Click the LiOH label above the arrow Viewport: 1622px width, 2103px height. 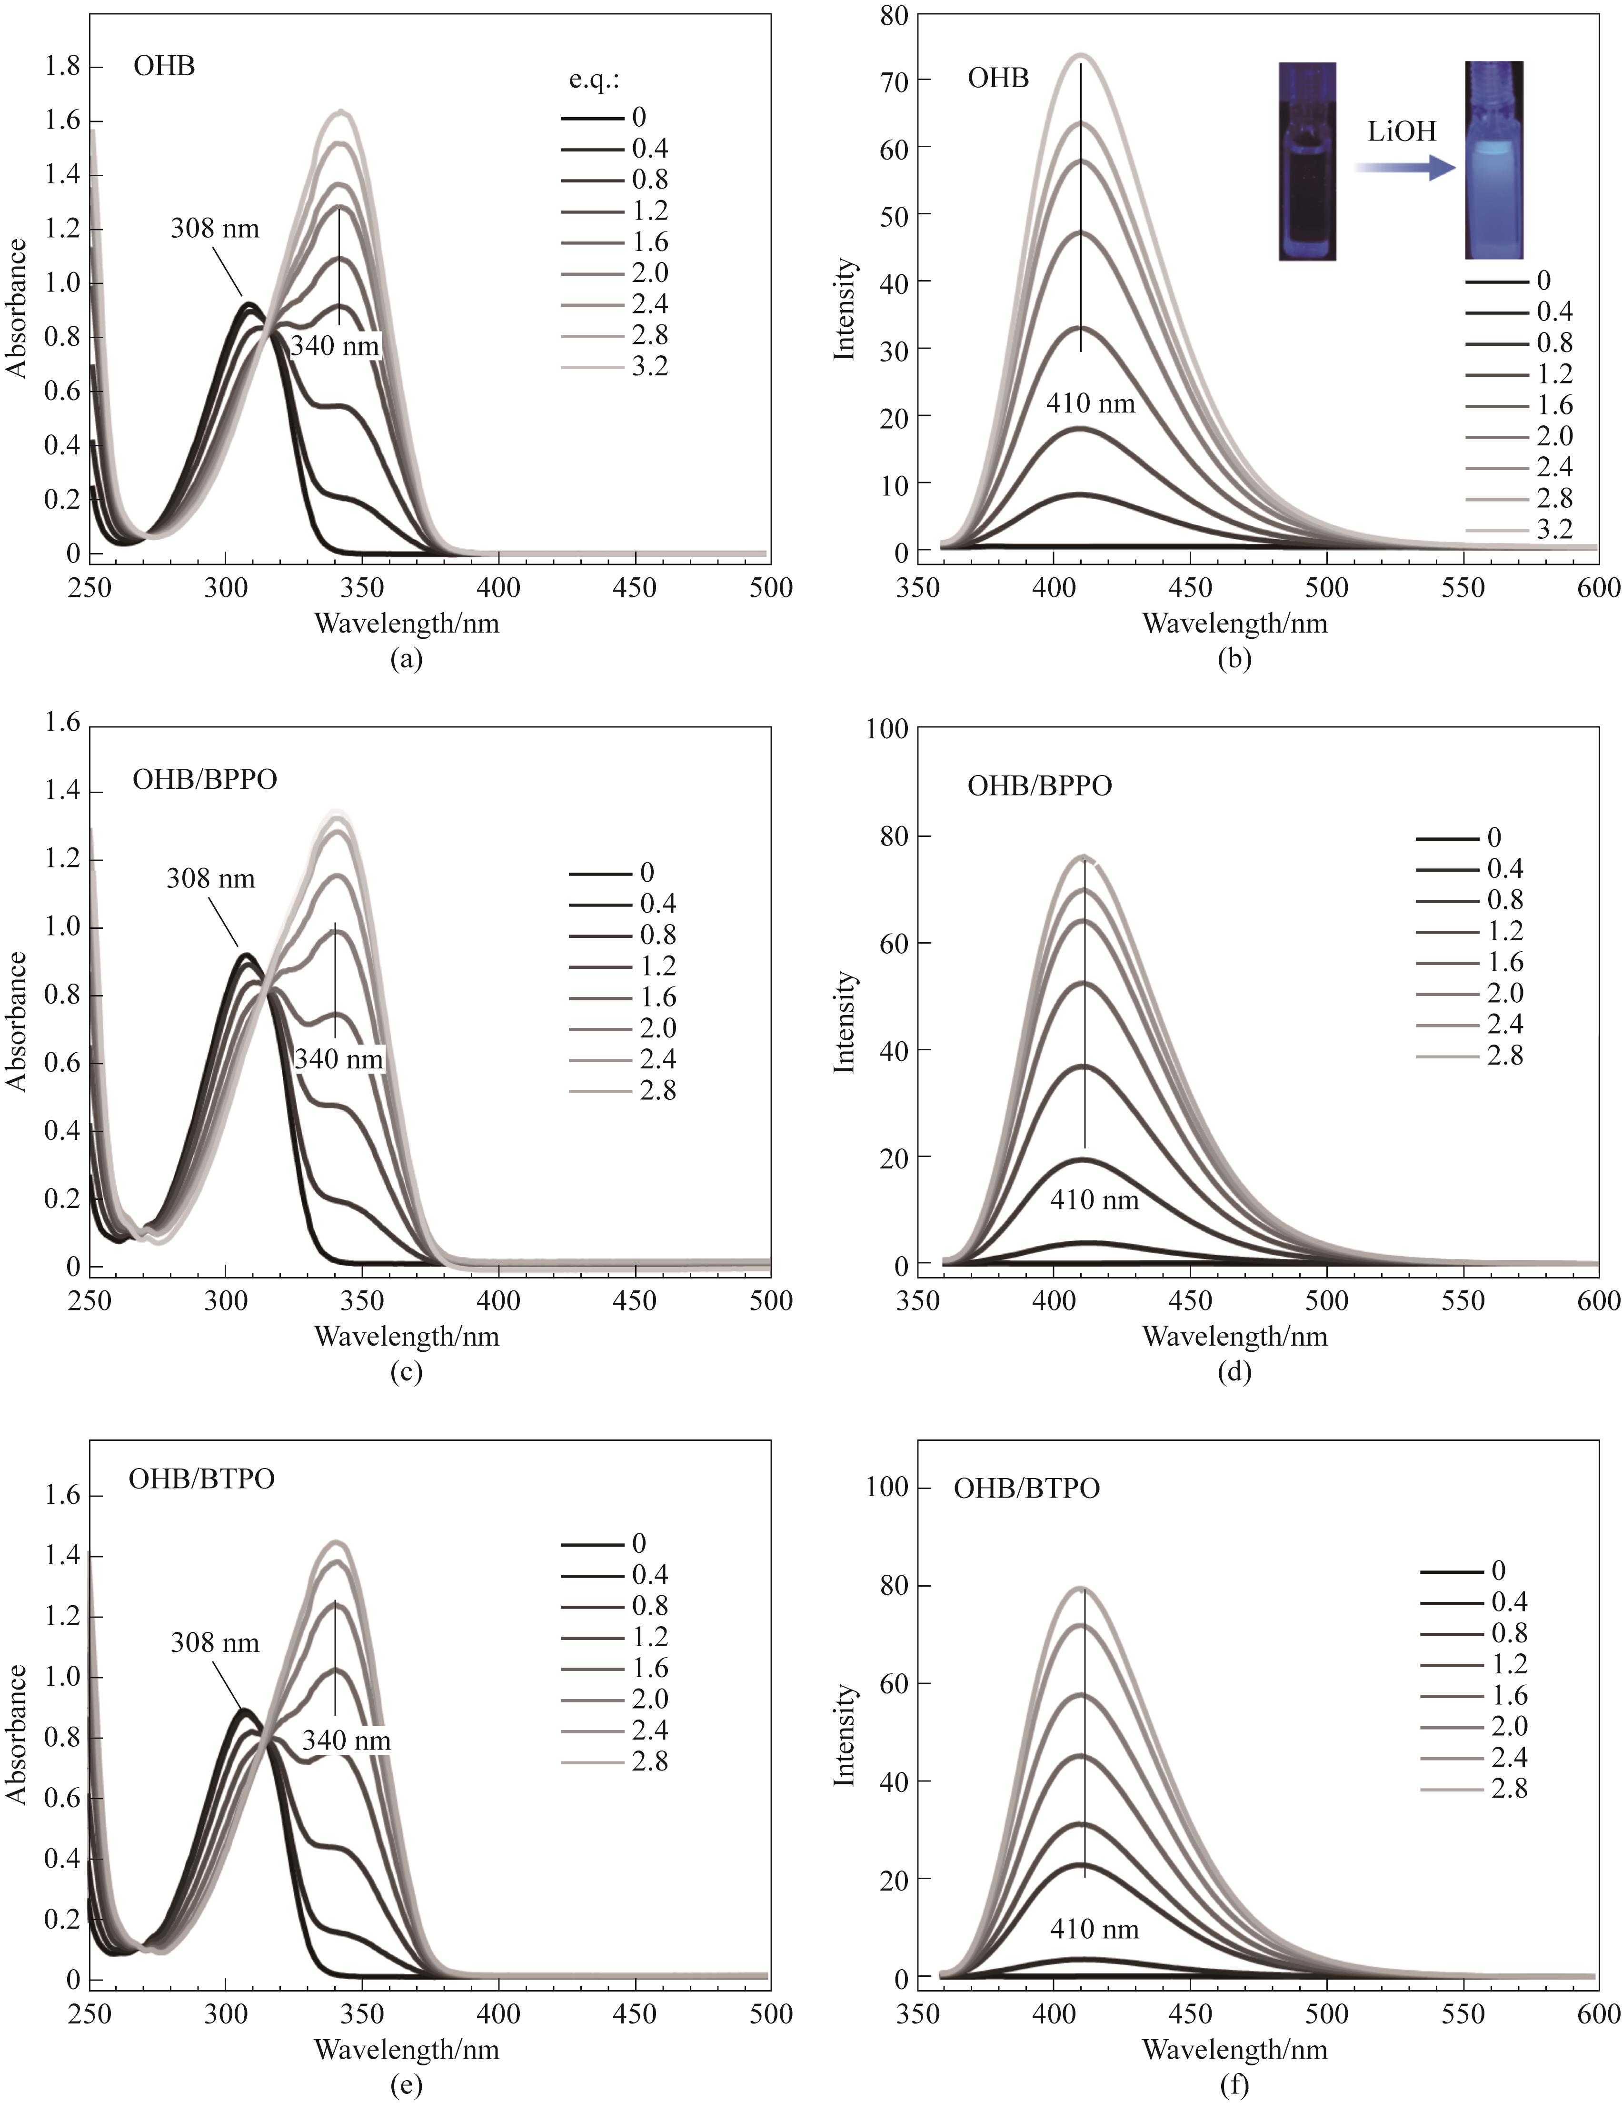tap(1402, 132)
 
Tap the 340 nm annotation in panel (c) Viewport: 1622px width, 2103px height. tap(339, 1059)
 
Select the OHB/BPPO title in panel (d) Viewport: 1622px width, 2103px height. tap(1040, 786)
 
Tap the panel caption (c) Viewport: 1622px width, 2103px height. tap(406, 1371)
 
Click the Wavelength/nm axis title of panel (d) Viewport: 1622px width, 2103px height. tap(1235, 1336)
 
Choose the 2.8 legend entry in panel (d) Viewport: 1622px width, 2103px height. tap(1504, 1056)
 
